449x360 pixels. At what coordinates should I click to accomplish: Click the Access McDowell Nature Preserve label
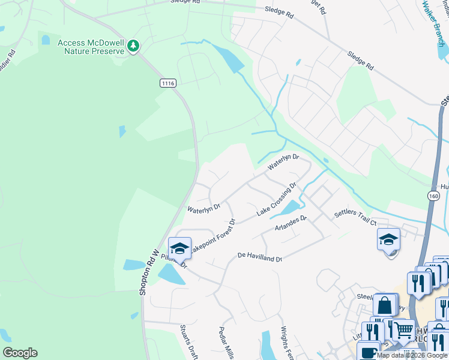[91, 47]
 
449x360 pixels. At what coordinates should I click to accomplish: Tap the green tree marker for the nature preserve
[134, 46]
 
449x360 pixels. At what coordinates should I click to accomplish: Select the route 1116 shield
[168, 83]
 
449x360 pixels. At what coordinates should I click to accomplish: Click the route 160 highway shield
[433, 196]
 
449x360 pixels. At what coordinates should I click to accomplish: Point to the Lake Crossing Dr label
[277, 200]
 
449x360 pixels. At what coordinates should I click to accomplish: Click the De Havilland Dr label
[259, 257]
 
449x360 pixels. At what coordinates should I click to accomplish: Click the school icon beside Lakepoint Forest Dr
[179, 248]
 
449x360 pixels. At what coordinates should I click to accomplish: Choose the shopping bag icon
[385, 304]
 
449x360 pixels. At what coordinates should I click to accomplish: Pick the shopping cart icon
[403, 328]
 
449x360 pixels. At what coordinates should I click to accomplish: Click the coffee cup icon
[369, 353]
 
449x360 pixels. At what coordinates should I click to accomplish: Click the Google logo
[20, 352]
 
